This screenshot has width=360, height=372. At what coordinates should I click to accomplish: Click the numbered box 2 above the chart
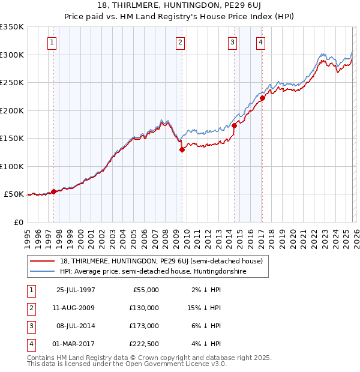coord(181,42)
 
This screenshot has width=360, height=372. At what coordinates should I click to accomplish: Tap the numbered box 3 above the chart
coord(232,42)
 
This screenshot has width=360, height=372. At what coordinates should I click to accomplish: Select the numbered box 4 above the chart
coord(261,42)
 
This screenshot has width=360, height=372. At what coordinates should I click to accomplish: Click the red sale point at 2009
coord(181,150)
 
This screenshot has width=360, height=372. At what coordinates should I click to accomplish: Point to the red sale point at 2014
coord(234,126)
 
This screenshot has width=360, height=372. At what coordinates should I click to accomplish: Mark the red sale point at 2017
coord(262,98)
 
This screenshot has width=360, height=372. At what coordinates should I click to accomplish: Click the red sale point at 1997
coord(54,191)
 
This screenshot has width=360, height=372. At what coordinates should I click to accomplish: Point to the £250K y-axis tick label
coord(12,83)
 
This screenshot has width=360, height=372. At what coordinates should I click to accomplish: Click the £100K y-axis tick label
coord(12,166)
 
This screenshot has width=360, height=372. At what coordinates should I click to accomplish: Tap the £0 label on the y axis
coord(18,222)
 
